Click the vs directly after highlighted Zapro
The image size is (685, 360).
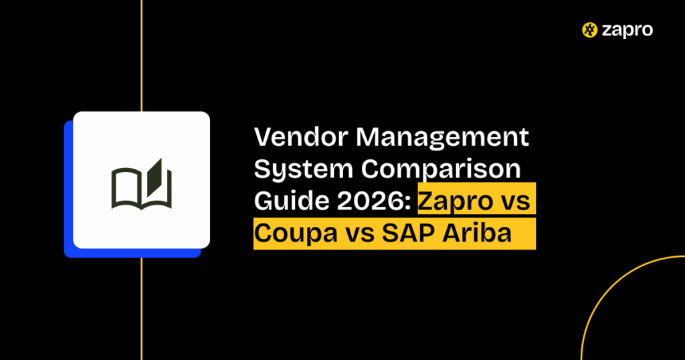(x=518, y=201)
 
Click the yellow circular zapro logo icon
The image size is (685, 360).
(x=589, y=30)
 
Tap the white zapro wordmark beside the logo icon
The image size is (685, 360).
(x=626, y=30)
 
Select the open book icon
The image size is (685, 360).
(x=141, y=183)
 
